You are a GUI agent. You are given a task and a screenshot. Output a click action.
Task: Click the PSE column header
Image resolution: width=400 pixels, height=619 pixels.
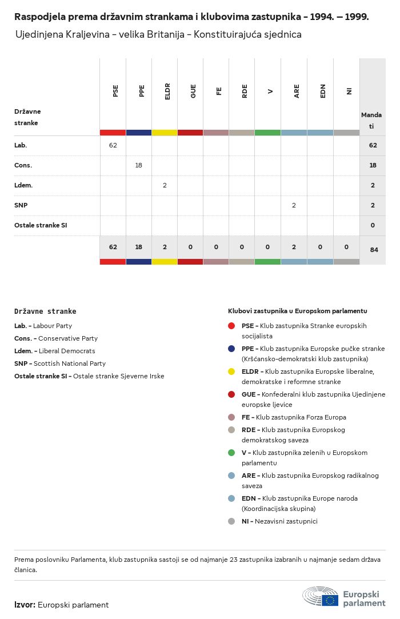(x=115, y=91)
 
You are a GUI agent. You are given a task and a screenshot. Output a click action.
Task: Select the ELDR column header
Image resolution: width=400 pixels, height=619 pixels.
(x=167, y=93)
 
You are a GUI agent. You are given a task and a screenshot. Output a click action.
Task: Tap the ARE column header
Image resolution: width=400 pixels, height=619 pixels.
(x=297, y=91)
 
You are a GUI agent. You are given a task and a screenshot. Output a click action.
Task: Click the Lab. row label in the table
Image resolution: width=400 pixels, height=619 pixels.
(x=21, y=145)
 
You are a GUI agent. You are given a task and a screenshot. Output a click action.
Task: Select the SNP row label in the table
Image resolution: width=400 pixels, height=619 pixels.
(x=21, y=205)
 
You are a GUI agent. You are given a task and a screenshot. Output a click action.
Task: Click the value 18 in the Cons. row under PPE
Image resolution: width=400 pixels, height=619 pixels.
(x=138, y=165)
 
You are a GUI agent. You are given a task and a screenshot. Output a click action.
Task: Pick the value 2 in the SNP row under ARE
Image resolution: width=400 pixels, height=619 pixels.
(x=294, y=205)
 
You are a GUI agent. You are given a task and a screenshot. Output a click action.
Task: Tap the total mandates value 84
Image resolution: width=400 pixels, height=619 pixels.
(x=373, y=250)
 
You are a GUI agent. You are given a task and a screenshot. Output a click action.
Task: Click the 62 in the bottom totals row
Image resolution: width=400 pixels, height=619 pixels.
(x=113, y=247)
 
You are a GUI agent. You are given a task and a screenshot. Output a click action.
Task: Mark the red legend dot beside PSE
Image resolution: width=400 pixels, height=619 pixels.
(x=231, y=326)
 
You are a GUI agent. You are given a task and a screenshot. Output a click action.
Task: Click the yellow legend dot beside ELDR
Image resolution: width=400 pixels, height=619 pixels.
(x=231, y=372)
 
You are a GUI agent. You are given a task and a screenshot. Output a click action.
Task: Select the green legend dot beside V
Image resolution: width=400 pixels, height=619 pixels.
(x=231, y=453)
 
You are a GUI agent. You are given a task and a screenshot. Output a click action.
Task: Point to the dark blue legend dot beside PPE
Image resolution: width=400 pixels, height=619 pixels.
(x=231, y=349)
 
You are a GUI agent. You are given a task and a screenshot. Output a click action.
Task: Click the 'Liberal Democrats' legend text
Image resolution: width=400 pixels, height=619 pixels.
(x=67, y=351)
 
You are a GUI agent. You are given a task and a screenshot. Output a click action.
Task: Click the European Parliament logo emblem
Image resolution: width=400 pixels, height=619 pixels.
(x=321, y=596)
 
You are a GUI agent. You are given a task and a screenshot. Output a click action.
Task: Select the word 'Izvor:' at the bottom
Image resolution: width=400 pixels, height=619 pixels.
(x=25, y=605)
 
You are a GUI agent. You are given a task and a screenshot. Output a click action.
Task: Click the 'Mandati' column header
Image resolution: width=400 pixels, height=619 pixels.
(x=371, y=120)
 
